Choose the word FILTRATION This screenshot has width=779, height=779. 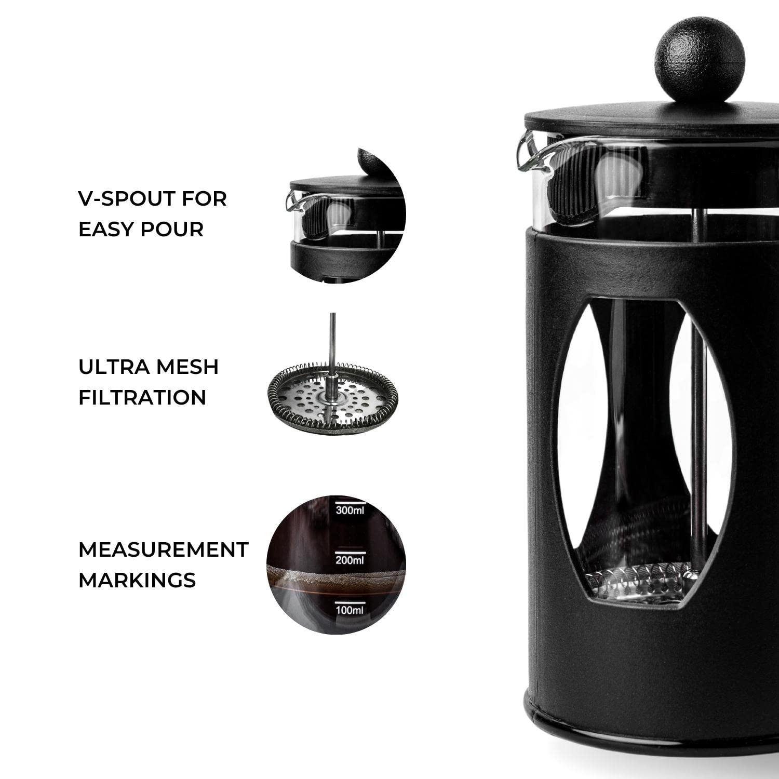click(x=142, y=397)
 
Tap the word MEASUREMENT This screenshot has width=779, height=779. click(x=163, y=549)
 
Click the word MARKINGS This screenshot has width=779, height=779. click(x=137, y=580)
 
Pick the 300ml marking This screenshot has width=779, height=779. click(x=350, y=510)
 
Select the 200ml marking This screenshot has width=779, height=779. click(x=350, y=560)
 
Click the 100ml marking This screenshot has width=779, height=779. click(x=350, y=610)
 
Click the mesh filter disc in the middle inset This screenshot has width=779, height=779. click(x=332, y=400)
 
